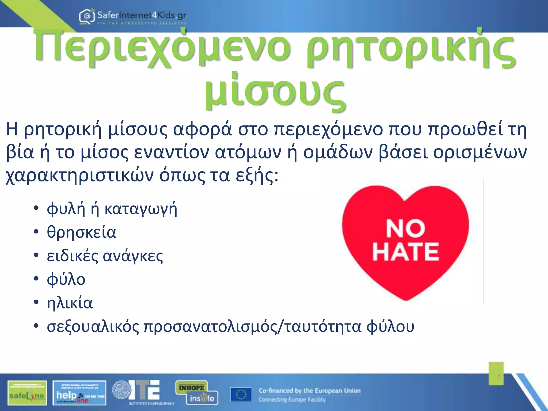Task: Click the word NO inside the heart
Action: pos(405,229)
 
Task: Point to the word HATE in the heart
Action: pos(406,252)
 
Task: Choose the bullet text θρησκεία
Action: pos(82,232)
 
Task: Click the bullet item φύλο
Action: pos(66,279)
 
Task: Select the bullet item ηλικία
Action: pos(70,303)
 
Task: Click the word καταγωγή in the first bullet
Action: pos(141,209)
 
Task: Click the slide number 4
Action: pos(499,377)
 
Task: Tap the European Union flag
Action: pos(241,395)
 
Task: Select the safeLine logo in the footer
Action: pos(27,393)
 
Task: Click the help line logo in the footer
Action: pos(79,393)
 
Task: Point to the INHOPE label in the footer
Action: pos(191,387)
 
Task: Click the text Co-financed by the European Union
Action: pos(310,391)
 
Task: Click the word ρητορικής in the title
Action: pos(410,50)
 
